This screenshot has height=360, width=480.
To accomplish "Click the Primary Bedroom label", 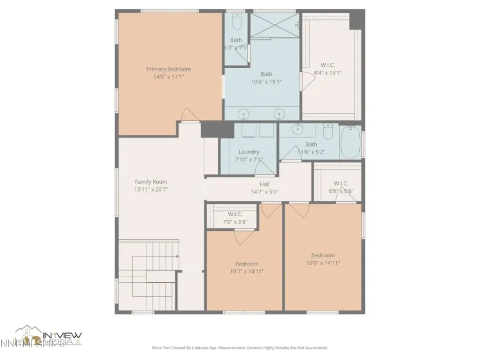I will coord(168,69).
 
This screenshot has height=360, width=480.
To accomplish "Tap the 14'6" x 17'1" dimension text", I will coord(168,76).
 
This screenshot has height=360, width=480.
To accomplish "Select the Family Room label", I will coord(151,182).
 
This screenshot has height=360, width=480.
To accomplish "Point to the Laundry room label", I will coord(248,152).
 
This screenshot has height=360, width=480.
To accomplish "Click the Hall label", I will coord(264,184).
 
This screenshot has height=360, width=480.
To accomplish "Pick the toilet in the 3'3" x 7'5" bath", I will coord(236,23).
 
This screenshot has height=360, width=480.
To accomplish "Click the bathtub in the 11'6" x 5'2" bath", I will coord(351,143).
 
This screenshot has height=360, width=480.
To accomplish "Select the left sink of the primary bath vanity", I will coord(244,114).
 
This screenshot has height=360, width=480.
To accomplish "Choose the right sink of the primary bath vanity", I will coord(280,114).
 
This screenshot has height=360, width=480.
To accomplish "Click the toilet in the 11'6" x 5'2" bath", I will coord(328,133).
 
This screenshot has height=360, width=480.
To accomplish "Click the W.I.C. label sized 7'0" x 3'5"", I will coord(235,214).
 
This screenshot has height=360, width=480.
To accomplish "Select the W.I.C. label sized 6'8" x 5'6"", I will coord(341,183).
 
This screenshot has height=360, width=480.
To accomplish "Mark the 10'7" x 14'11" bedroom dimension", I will coord(246,271).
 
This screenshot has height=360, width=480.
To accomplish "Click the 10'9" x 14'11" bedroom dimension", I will coord(323,262).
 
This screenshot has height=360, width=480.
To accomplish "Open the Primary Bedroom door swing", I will coord(190,115).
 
